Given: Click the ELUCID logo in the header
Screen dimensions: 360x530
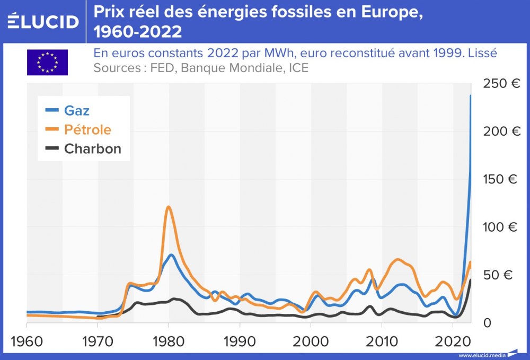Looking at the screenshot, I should click(43, 21).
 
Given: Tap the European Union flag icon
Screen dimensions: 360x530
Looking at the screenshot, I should click(47, 62).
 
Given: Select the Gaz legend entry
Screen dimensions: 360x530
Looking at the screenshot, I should click(76, 110).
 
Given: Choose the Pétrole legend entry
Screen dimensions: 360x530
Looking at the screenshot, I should click(87, 130).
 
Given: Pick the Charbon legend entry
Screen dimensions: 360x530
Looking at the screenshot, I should click(92, 149).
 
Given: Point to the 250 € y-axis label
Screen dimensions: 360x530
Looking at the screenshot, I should click(500, 83).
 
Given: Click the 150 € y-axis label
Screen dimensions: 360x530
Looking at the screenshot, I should click(500, 179).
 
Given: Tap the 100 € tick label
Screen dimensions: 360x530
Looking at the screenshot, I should click(500, 227).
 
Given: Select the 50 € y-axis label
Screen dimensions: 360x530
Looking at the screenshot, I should click(500, 275).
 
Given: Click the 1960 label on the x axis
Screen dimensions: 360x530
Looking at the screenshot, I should click(26, 340).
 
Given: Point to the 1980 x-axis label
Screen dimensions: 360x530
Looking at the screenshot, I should click(169, 340).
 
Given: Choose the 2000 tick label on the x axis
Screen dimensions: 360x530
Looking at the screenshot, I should click(311, 340).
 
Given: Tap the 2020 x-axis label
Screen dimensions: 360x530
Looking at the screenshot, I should click(452, 340).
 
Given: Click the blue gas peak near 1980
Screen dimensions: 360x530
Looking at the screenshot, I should click(171, 255).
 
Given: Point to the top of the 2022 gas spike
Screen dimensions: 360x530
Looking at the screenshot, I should click(470, 96).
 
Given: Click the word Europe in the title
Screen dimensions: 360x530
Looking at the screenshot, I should click(387, 12).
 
